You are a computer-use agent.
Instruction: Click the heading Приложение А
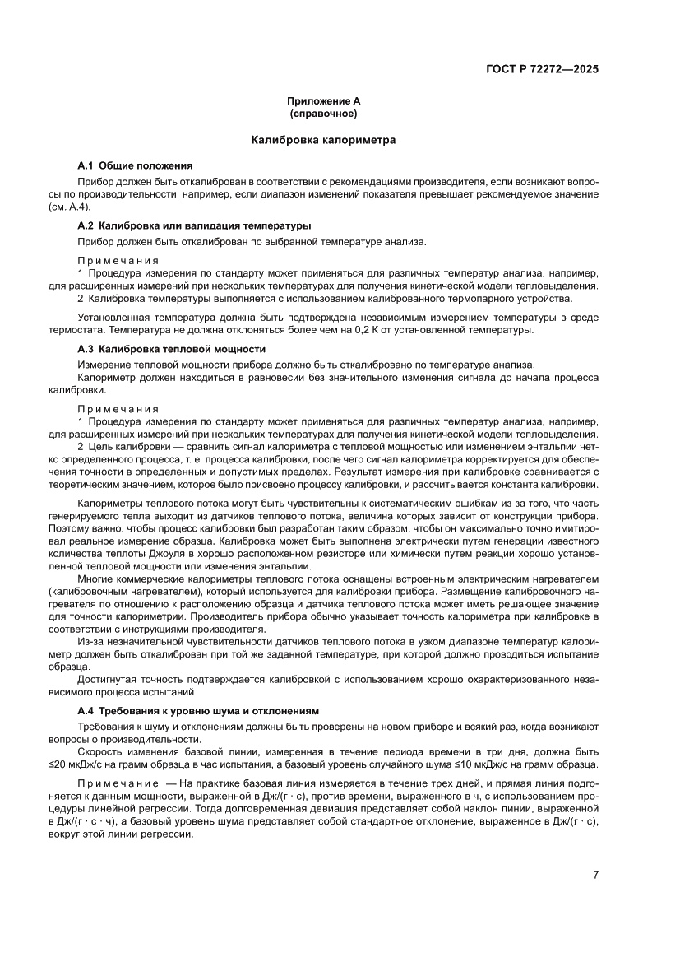pyautogui.click(x=323, y=100)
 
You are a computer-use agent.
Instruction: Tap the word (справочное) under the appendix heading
pyautogui.click(x=323, y=113)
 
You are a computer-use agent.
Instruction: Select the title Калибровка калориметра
pyautogui.click(x=323, y=140)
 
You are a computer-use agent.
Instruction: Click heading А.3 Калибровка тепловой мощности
pyautogui.click(x=176, y=350)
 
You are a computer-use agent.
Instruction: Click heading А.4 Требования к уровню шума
pyautogui.click(x=197, y=710)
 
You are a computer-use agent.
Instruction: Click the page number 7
pyautogui.click(x=595, y=875)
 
